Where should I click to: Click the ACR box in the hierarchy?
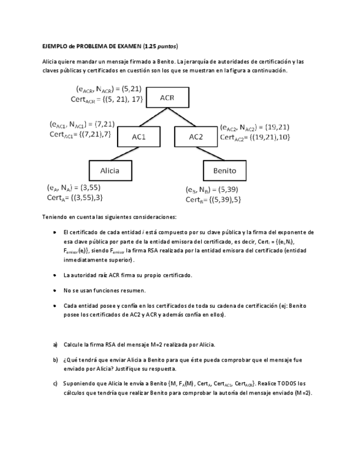pos(167,98)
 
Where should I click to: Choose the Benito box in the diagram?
pos(224,170)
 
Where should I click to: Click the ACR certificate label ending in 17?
pos(107,99)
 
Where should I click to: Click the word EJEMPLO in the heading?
pos(54,46)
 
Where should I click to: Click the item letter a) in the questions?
pos(56,345)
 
